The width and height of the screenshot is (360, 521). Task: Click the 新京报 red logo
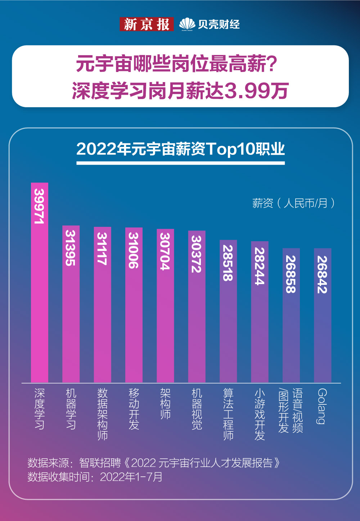[147, 24]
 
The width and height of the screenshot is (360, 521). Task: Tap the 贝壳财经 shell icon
[187, 24]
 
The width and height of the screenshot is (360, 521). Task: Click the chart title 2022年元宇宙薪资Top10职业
[180, 149]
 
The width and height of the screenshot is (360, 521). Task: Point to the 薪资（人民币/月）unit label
[293, 203]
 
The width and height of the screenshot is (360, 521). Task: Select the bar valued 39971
[40, 288]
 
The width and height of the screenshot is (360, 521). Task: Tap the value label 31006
[134, 250]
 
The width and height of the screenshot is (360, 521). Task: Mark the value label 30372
[197, 253]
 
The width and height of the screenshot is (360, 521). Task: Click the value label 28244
[260, 266]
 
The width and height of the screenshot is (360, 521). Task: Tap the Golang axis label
[322, 406]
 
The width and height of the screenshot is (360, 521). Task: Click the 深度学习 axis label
[40, 409]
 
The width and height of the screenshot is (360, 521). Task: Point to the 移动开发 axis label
[134, 409]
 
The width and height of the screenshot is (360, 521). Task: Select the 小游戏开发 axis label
[260, 414]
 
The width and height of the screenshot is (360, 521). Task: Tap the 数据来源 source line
[154, 463]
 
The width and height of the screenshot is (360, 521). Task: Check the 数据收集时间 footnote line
[95, 477]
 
